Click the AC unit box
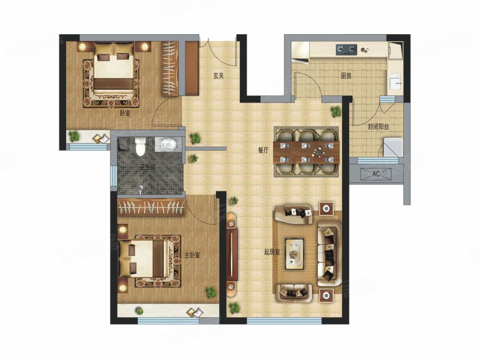(x=376, y=174)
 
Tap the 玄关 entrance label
(x=218, y=76)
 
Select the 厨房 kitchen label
(x=346, y=76)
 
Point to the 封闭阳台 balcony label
(x=378, y=127)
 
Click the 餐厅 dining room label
(x=263, y=151)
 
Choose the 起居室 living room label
(x=272, y=252)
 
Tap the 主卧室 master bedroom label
(x=192, y=255)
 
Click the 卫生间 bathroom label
(x=148, y=167)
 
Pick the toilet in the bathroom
(x=140, y=146)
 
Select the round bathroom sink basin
(x=168, y=144)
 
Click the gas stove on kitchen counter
(x=347, y=50)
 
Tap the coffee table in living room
(x=295, y=254)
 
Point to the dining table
(x=306, y=152)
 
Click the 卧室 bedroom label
(x=125, y=113)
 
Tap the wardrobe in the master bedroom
(x=151, y=206)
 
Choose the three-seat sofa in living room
(x=329, y=253)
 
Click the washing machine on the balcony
(x=393, y=147)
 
